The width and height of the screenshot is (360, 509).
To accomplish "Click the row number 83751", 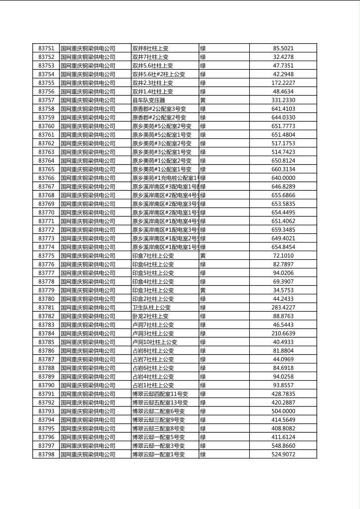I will click(46, 48).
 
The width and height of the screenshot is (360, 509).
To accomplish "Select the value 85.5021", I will click(283, 48).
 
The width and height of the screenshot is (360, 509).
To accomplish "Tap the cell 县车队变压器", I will click(149, 100).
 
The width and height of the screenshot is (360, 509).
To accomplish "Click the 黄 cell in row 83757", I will click(203, 100).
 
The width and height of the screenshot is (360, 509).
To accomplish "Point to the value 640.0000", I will click(283, 178).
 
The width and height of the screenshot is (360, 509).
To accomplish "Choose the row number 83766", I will click(46, 178).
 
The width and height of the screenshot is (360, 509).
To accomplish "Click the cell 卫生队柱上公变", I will click(152, 308).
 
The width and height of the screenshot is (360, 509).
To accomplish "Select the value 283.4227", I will click(283, 308).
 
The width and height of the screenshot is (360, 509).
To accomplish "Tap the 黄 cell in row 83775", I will click(203, 256).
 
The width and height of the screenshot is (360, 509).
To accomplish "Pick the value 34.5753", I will click(283, 290).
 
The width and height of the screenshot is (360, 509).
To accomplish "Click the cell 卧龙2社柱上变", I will click(151, 316).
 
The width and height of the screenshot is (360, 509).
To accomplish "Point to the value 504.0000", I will click(283, 411).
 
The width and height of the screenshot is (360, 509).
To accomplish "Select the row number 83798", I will click(46, 455).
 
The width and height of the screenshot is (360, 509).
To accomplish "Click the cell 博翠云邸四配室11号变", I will click(160, 394).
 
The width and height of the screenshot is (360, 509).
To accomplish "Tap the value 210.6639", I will click(283, 334).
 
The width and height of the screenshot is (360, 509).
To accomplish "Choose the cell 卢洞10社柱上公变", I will click(155, 342).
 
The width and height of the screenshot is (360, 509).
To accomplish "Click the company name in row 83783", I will click(88, 325).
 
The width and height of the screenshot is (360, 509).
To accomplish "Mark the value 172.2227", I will click(283, 83).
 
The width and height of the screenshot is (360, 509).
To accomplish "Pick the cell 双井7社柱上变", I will click(151, 57).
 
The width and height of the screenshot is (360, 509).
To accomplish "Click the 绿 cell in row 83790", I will click(203, 385).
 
